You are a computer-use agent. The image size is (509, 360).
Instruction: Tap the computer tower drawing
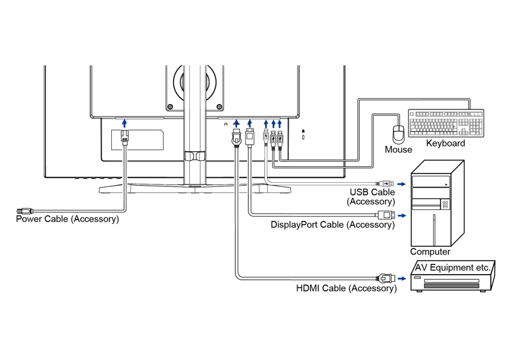pyautogui.click(x=437, y=203)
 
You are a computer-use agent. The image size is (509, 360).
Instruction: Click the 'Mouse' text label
pyautogui.click(x=398, y=149)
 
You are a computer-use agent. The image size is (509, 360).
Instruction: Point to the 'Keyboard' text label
pyautogui.click(x=446, y=143)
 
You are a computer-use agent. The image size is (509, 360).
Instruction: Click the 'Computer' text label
pyautogui.click(x=430, y=252)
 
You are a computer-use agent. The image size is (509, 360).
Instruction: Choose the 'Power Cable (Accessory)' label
pyautogui.click(x=67, y=219)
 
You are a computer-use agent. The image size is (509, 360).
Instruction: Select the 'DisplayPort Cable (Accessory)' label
pyautogui.click(x=332, y=225)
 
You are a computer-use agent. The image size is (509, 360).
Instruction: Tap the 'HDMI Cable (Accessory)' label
pyautogui.click(x=346, y=289)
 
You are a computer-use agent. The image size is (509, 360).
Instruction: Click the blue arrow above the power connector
pyautogui.click(x=124, y=124)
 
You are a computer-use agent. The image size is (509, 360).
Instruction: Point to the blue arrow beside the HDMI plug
pyautogui.click(x=402, y=279)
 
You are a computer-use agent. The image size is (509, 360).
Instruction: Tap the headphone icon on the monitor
pyautogui.click(x=225, y=123)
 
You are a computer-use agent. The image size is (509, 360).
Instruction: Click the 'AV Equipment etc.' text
pyautogui.click(x=453, y=267)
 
